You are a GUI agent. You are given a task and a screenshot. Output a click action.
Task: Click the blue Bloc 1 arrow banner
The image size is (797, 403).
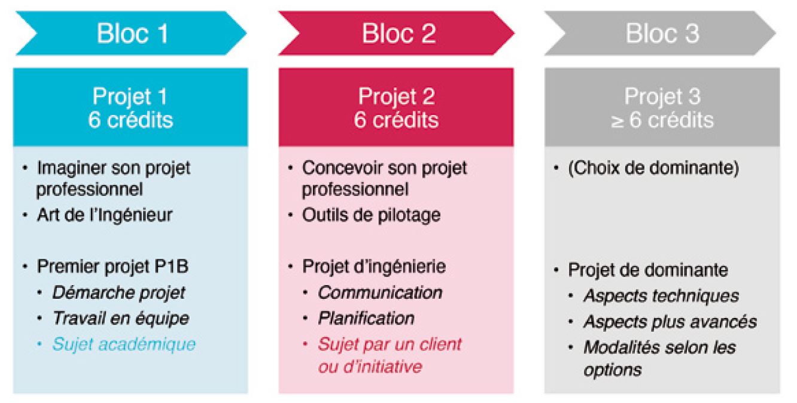(x=131, y=33)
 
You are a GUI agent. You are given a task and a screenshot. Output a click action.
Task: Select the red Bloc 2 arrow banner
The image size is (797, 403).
(x=396, y=33)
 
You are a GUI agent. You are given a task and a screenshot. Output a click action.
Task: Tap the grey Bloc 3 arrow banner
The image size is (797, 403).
(x=661, y=33)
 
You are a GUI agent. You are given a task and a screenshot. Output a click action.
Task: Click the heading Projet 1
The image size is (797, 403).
(x=130, y=96)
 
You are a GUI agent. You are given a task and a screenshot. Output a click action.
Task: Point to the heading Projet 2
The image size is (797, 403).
(x=396, y=96)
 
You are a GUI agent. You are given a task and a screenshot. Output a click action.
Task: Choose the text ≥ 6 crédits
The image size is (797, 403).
(x=662, y=120)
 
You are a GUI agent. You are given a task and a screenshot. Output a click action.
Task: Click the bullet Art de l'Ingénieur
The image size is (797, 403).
(x=105, y=215)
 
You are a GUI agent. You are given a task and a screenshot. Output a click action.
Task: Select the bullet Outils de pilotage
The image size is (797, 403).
(x=371, y=215)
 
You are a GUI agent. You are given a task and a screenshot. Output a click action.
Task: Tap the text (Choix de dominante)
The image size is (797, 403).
(x=653, y=168)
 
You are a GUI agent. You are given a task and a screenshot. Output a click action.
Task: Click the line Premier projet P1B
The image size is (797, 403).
(x=112, y=266)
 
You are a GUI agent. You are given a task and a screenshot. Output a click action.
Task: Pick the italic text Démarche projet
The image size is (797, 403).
(x=119, y=293)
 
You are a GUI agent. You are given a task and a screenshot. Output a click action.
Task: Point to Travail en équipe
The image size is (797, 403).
(x=121, y=319)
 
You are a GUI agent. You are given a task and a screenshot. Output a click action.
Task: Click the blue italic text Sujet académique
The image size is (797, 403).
(x=124, y=344)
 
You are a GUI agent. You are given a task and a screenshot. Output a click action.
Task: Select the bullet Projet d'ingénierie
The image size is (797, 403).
(x=373, y=266)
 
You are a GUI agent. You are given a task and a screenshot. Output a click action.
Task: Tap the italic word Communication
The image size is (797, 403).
(x=380, y=293)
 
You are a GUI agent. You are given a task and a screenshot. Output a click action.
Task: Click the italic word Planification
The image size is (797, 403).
(x=366, y=319)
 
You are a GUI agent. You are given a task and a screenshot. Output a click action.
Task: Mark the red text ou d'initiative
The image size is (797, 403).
(x=370, y=366)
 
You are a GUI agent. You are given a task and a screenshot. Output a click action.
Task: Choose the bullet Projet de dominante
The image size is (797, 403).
(x=648, y=269)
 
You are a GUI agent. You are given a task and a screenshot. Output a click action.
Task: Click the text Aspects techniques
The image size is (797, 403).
(x=661, y=296)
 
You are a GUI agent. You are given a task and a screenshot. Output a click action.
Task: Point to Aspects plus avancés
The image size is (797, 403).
(x=670, y=322)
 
